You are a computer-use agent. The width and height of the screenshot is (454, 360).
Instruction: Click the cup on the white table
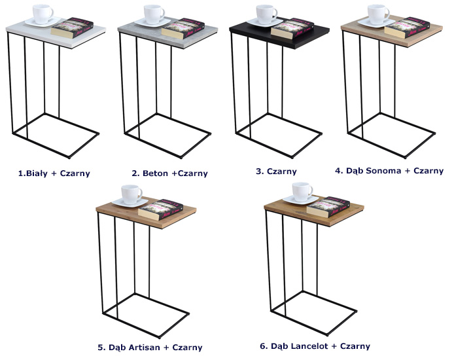(43, 13)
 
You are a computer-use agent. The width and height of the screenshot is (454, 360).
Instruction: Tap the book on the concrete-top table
(183, 28)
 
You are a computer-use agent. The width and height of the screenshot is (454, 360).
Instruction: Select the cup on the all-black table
(266, 14)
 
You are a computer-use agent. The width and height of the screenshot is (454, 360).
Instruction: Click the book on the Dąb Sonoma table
(406, 27)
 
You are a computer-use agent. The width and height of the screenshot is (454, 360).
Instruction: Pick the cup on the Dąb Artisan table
(131, 194)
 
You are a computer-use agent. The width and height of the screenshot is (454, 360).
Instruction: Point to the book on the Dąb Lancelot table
(328, 207)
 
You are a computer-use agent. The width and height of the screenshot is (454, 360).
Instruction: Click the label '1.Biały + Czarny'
(54, 173)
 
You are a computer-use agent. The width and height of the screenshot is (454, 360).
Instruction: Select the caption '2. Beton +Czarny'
(169, 173)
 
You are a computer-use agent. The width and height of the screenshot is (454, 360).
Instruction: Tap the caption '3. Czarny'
(276, 171)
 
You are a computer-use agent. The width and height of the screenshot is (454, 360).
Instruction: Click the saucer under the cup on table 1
(43, 22)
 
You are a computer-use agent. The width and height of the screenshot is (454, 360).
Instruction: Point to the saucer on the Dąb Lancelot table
(300, 200)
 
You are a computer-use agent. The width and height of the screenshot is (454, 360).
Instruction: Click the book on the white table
(72, 28)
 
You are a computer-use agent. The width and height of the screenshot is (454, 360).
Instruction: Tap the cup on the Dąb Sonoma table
(378, 14)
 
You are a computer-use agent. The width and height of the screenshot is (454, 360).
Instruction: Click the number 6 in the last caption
(262, 346)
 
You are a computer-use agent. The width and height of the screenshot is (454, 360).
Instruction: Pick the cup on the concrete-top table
(154, 14)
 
